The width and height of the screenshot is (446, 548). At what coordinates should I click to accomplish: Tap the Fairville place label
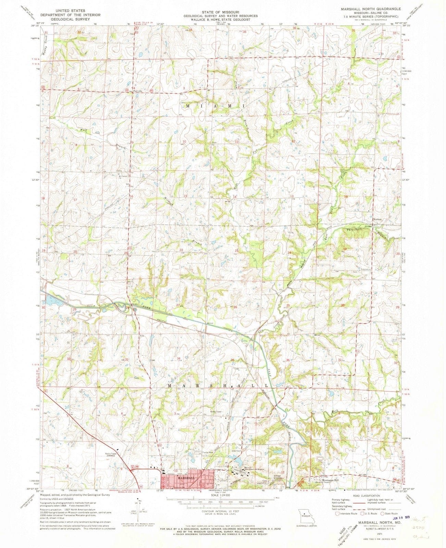(138, 91)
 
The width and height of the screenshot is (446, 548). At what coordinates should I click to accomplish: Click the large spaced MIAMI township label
(216, 107)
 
